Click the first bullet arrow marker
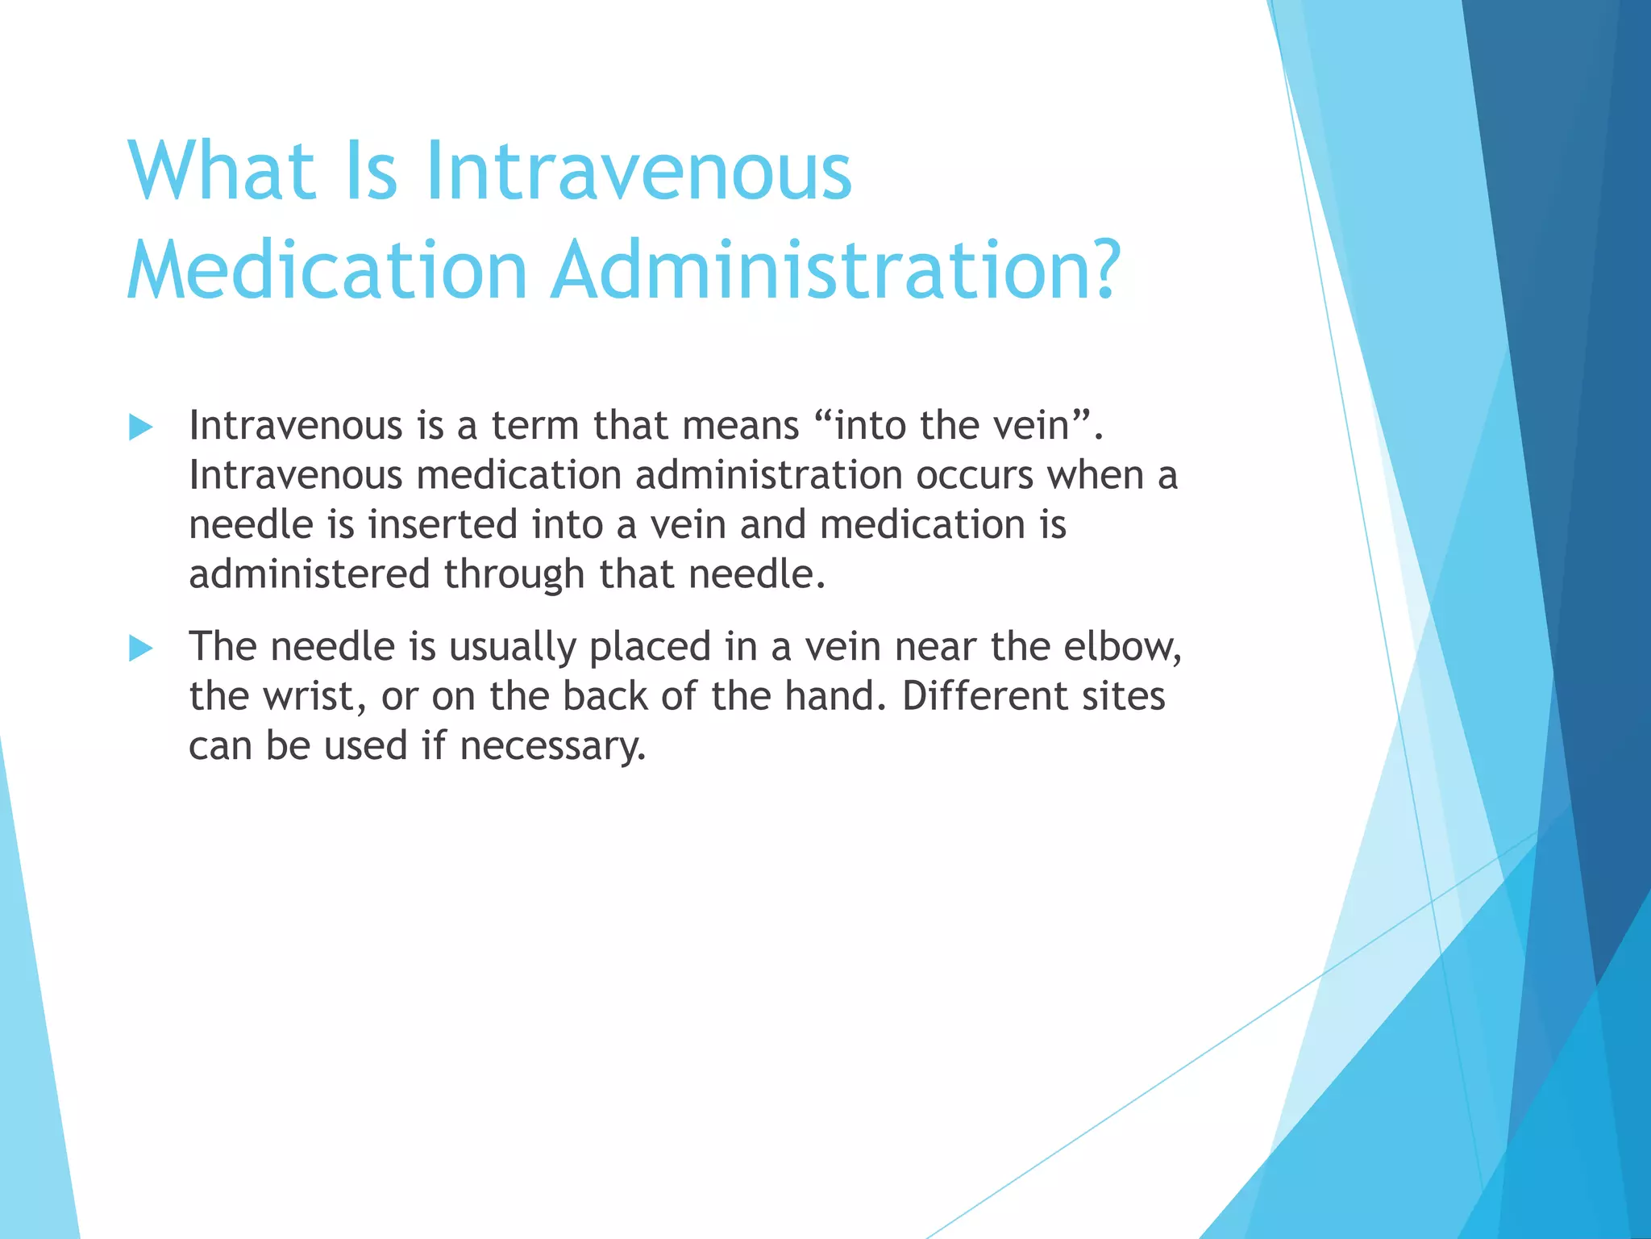141,428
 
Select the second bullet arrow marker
141,649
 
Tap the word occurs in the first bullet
974,475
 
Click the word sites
1123,696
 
